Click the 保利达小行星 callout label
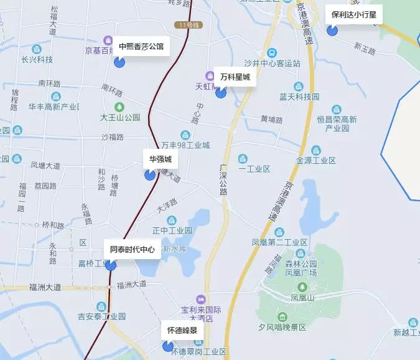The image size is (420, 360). pyautogui.click(x=354, y=14)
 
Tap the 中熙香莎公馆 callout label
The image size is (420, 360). pyautogui.click(x=141, y=46)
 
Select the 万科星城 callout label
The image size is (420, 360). pyautogui.click(x=235, y=77)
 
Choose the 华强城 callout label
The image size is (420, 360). pyautogui.click(x=160, y=159)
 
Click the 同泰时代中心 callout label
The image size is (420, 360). pyautogui.click(x=132, y=250)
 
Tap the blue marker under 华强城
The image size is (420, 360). pyautogui.click(x=150, y=175)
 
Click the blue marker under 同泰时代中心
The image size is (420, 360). pyautogui.click(x=111, y=265)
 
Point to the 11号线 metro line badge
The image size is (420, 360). pyautogui.click(x=187, y=24)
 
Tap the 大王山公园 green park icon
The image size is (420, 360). pyautogui.click(x=120, y=106)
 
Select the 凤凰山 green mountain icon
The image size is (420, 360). pyautogui.click(x=302, y=287)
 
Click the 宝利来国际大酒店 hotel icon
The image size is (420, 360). pyautogui.click(x=200, y=299)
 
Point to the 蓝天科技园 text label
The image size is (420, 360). pyautogui.click(x=299, y=97)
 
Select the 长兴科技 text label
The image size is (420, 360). pyautogui.click(x=37, y=60)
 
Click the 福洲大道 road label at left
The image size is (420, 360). pyautogui.click(x=45, y=287)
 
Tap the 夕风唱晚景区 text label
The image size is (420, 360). pyautogui.click(x=283, y=327)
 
